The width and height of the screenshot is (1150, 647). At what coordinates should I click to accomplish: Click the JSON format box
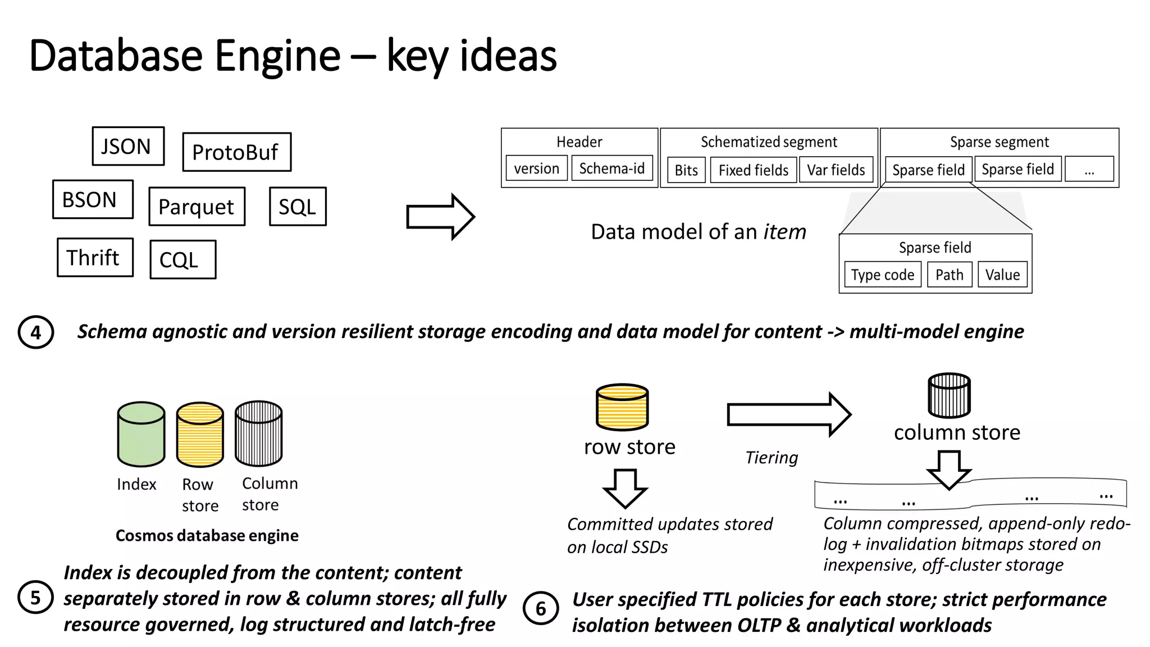[128, 146]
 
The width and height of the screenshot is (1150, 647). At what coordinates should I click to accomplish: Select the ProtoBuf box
[236, 152]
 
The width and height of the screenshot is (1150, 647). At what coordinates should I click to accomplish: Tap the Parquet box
[197, 206]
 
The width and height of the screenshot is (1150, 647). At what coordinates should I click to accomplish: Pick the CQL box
[182, 259]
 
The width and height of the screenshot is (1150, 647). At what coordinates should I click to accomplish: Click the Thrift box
[95, 257]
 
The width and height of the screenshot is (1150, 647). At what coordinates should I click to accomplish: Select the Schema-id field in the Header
[611, 168]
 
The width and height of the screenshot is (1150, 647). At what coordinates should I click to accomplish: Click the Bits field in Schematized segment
[686, 170]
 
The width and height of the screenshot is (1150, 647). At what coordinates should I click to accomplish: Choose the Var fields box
[836, 170]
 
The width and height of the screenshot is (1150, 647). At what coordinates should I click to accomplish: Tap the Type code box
[882, 275]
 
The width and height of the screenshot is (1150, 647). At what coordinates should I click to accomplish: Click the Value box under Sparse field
[1002, 275]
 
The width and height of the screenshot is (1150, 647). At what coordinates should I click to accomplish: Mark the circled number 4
[35, 332]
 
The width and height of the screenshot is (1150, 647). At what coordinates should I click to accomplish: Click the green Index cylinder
[141, 434]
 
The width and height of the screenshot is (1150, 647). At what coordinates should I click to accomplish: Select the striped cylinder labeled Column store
[258, 434]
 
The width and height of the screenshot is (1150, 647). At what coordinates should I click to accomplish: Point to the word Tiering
[771, 458]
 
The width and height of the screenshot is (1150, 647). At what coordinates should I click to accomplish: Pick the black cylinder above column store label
[949, 395]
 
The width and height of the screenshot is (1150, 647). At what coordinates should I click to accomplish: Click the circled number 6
[540, 608]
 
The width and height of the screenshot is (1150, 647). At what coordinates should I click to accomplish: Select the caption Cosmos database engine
[207, 535]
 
